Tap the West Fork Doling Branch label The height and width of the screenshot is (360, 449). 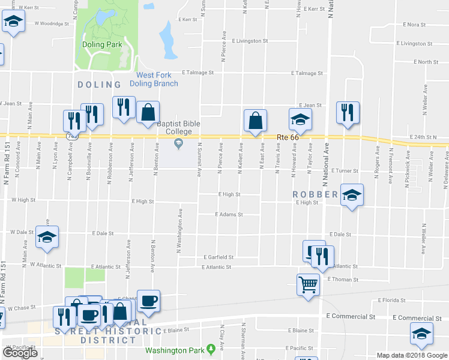157,79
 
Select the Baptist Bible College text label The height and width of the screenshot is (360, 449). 178,128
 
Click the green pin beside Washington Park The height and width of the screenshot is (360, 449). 211,349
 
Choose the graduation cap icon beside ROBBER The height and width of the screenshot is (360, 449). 352,196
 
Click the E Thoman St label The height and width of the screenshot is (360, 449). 343,280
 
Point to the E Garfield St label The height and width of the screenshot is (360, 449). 218,257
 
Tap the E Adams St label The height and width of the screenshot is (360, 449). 229,214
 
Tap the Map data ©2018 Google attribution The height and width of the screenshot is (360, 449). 411,355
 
